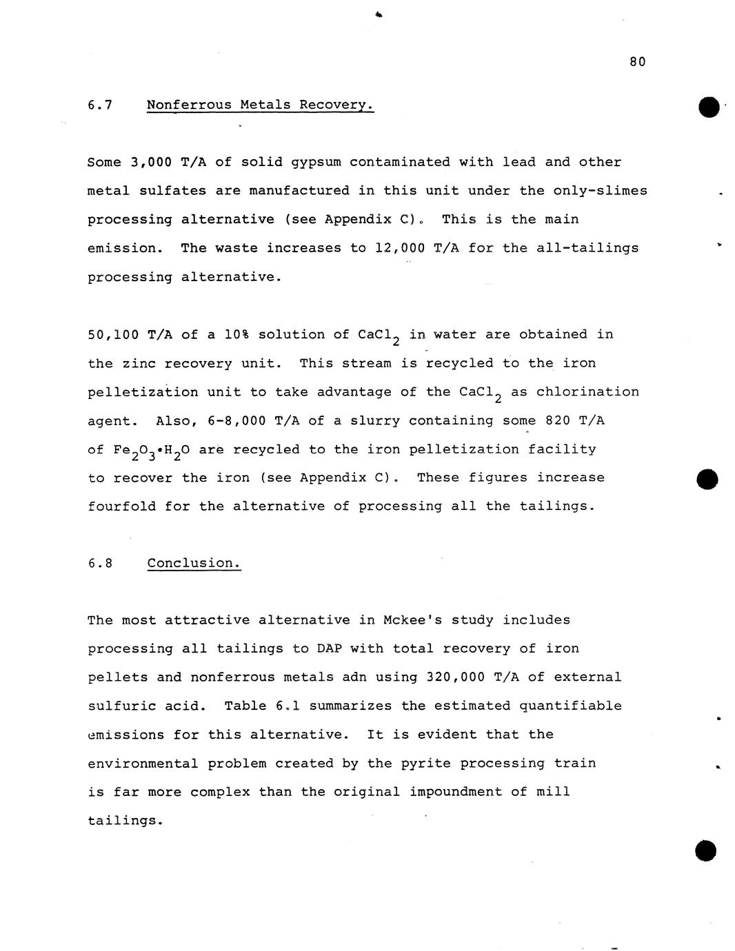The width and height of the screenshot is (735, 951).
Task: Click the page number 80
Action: [637, 62]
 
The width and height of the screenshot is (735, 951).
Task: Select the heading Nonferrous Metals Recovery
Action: [260, 105]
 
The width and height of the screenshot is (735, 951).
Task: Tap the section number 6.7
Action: [100, 105]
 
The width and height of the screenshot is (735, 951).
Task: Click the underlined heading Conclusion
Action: [194, 563]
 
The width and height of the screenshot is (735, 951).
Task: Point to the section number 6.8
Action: [100, 563]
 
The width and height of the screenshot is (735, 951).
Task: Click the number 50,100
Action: [112, 335]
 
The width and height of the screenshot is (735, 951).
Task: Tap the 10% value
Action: [236, 335]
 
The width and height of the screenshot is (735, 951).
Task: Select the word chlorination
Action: [587, 392]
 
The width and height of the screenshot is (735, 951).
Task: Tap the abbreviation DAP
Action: [329, 648]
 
